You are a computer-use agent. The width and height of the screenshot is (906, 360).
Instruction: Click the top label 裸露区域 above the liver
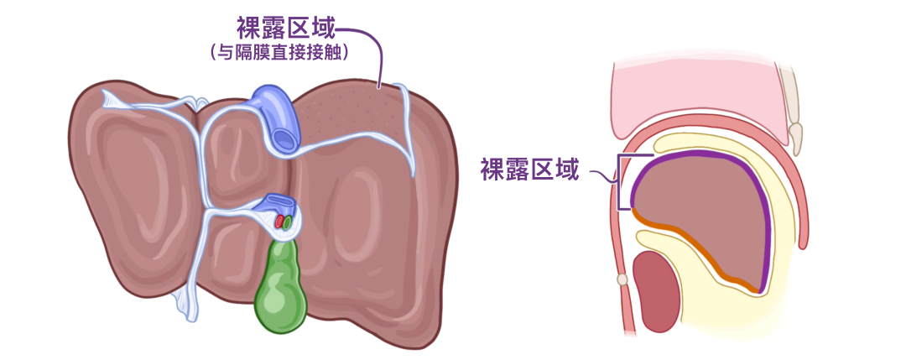point(286,29)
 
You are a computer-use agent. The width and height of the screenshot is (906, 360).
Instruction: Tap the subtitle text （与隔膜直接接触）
point(279,53)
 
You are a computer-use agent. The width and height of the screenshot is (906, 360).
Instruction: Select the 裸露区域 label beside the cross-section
point(529,171)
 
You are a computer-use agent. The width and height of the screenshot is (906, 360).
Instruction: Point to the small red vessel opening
point(279,222)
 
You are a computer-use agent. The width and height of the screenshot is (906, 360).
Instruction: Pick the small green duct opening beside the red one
point(288,223)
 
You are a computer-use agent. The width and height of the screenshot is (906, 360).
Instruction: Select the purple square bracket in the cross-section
point(622,181)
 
